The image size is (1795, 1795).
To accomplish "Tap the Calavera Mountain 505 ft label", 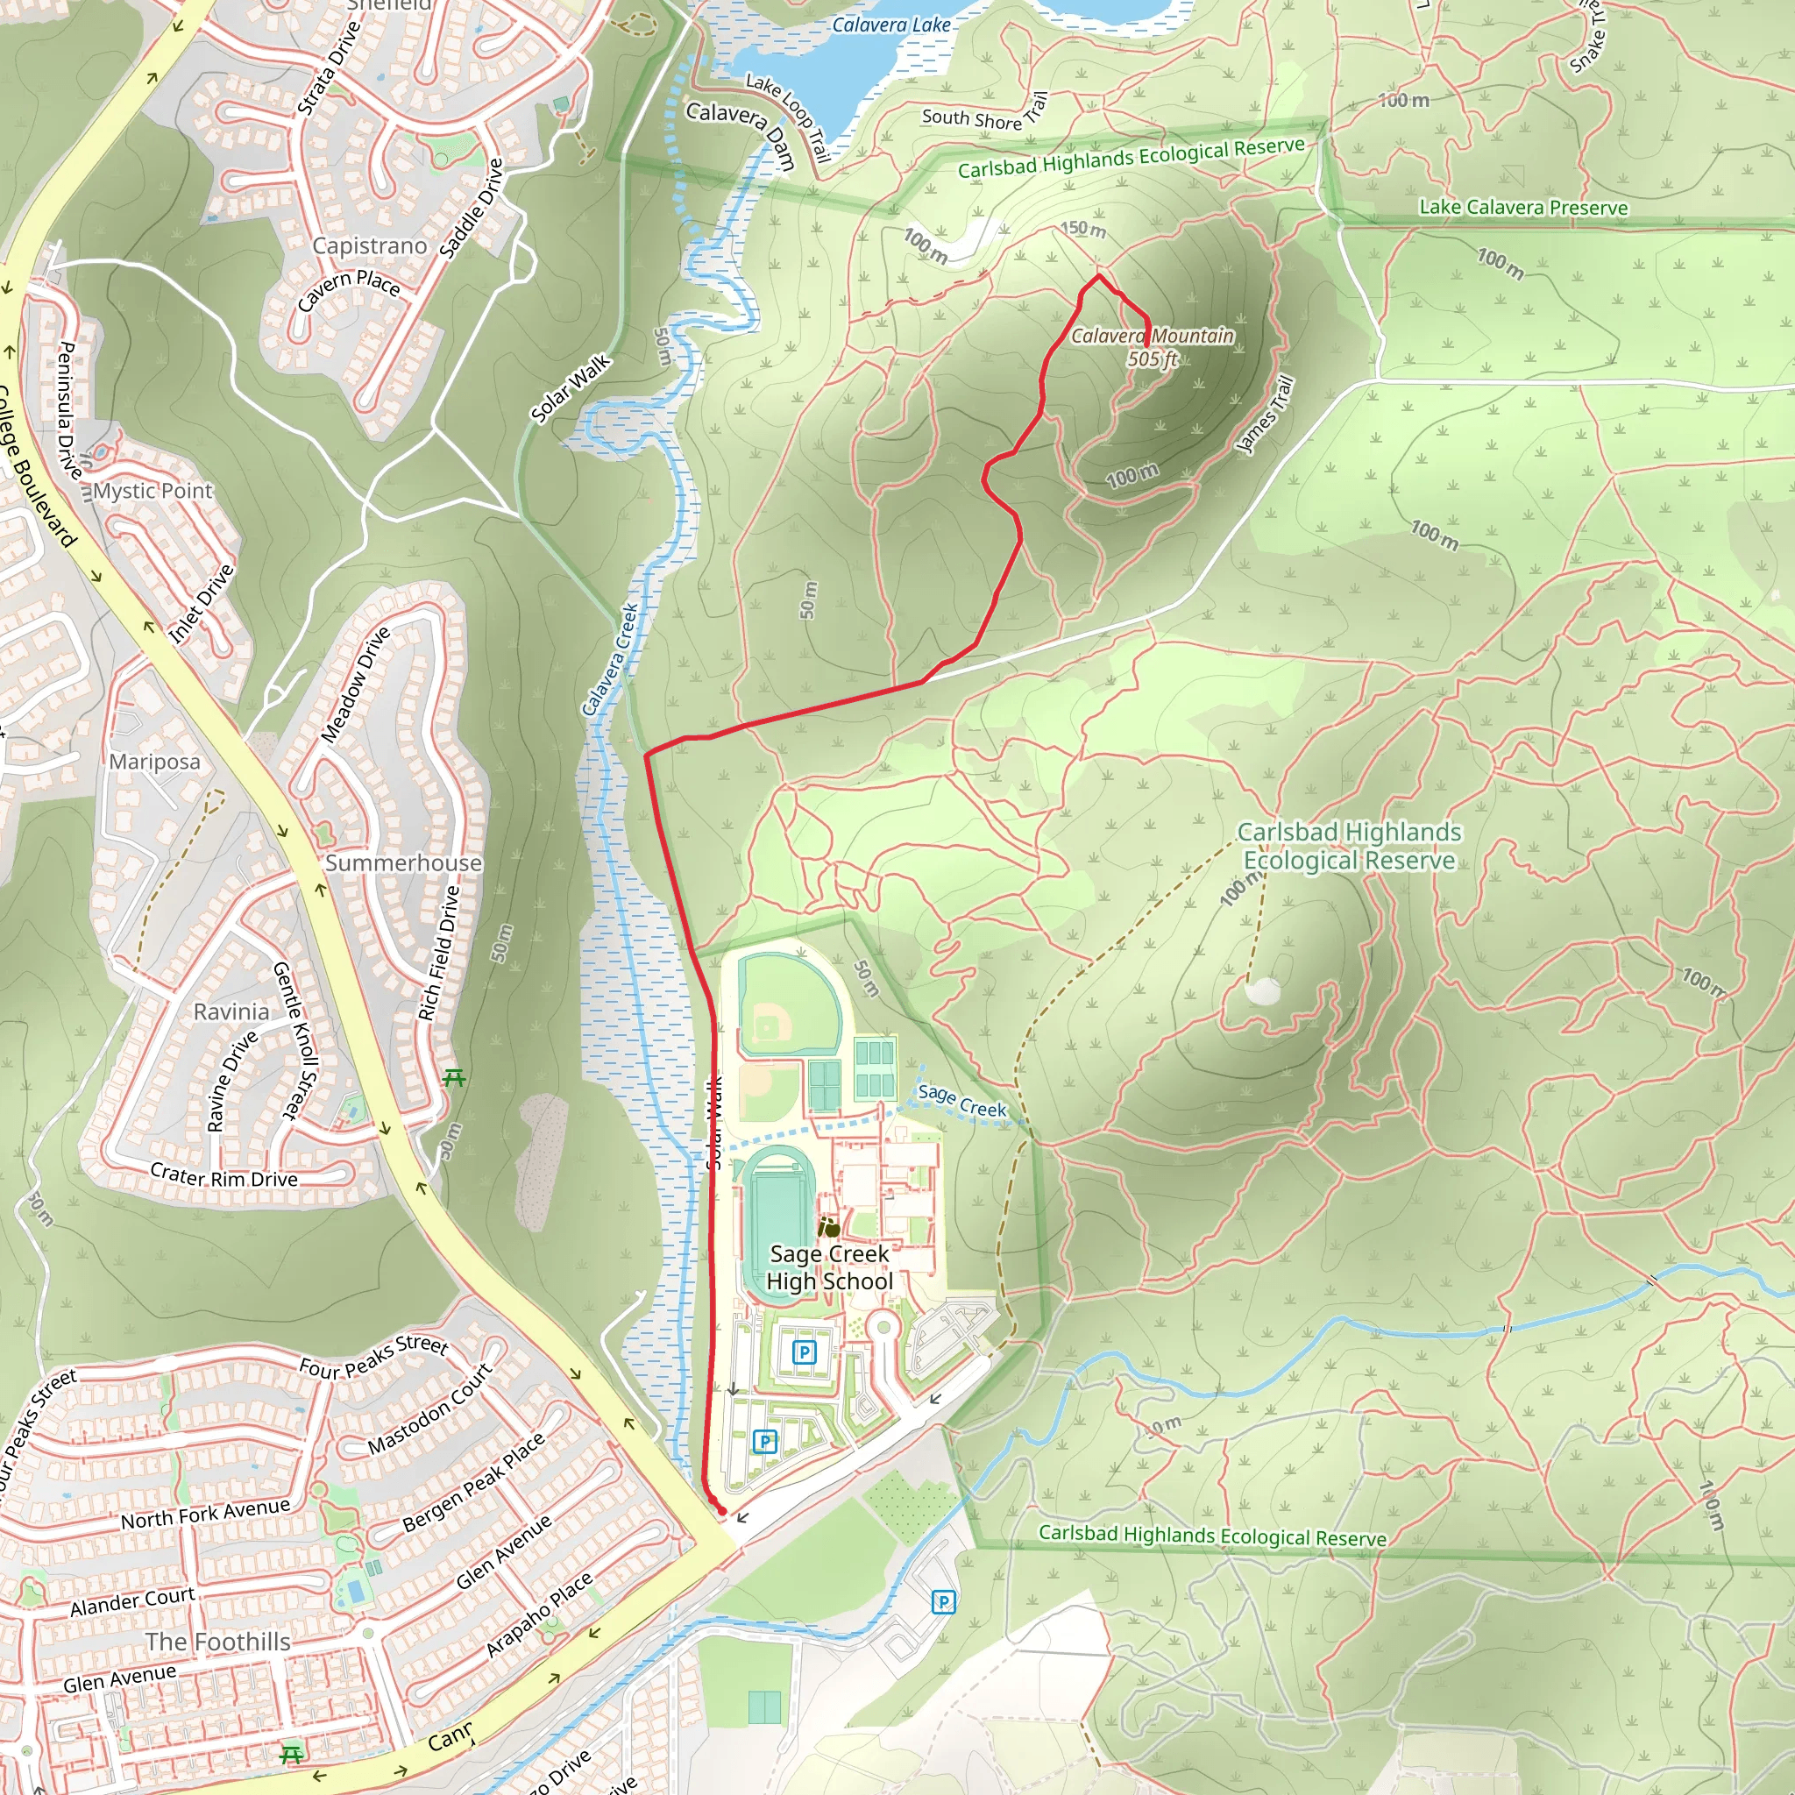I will point(1152,346).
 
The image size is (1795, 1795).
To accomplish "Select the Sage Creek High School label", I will point(829,1267).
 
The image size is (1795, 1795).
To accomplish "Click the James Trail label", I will point(1265,415).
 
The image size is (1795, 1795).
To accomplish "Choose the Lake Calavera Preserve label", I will point(1522,207).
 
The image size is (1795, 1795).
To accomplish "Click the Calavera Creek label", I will point(610,660).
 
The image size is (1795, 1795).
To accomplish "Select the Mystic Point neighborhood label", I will point(153,491).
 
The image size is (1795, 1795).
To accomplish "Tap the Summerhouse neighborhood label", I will point(403,862).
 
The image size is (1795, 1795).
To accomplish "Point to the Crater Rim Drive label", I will point(223,1176).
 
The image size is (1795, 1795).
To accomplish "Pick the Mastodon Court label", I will point(429,1408).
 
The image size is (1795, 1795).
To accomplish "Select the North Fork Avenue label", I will point(205,1515).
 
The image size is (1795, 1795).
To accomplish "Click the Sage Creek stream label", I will point(961,1101).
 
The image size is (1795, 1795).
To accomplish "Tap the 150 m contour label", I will point(1083,229).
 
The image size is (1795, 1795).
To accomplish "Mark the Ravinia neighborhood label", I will point(231,1011).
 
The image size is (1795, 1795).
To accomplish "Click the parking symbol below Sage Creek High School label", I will point(805,1352).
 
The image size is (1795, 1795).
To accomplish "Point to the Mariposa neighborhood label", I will point(155,761).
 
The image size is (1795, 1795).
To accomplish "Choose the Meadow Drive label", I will point(355,685).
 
